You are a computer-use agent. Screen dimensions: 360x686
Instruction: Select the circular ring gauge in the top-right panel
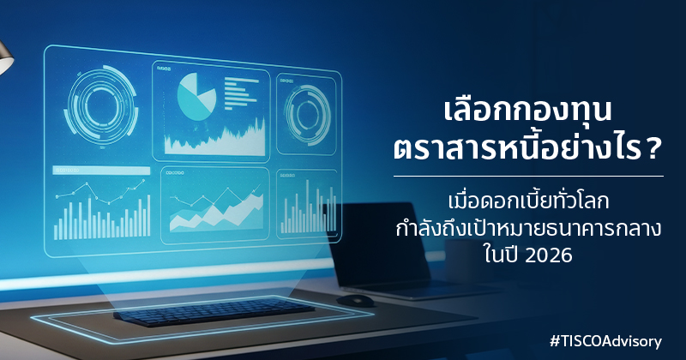305,111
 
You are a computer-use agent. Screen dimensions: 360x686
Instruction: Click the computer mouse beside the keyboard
355,300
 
